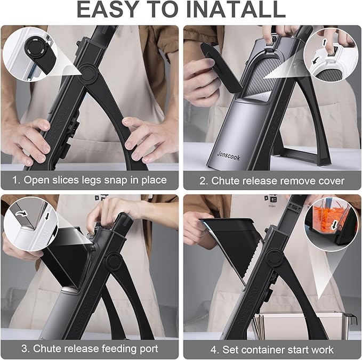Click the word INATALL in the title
(x=235, y=10)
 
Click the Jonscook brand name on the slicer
(x=229, y=156)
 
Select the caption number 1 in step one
(x=15, y=180)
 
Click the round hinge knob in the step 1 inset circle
(x=35, y=49)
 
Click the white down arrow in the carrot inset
(x=334, y=225)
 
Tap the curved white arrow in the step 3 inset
(x=21, y=214)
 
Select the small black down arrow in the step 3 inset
(x=47, y=216)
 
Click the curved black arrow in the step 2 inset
(x=315, y=61)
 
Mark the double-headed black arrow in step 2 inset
(x=325, y=43)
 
